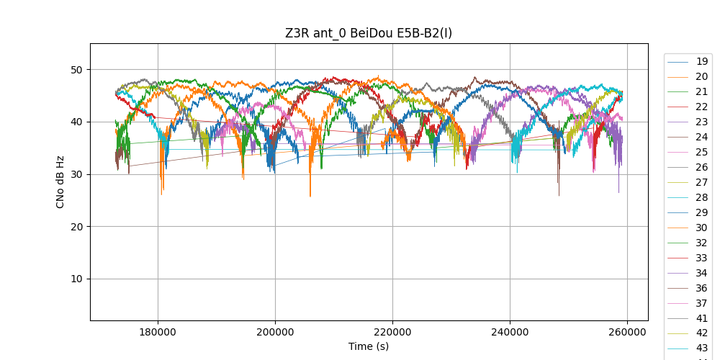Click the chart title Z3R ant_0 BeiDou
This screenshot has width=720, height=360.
(369, 33)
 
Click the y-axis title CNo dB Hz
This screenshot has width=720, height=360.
(60, 182)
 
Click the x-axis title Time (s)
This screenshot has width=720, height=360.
(369, 346)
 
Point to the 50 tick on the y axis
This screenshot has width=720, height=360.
(77, 70)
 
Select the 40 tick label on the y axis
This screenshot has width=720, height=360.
(77, 122)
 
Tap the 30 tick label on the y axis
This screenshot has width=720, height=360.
(77, 174)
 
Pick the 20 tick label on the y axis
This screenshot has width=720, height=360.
(77, 227)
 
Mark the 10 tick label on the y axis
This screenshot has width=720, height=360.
(77, 279)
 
